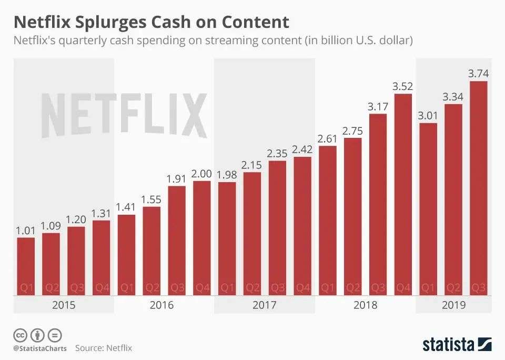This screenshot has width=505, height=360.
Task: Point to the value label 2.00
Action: tap(202, 173)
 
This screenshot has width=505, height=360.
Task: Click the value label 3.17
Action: tap(378, 106)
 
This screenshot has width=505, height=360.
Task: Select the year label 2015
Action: tap(64, 305)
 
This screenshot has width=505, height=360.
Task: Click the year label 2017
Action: tap(265, 305)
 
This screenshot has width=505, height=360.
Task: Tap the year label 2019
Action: tap(454, 305)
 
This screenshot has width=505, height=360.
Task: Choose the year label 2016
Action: tap(164, 305)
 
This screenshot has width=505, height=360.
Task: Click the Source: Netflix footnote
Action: tap(104, 348)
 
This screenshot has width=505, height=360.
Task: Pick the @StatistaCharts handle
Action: tap(40, 348)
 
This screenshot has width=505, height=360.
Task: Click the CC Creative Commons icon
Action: tap(20, 335)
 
